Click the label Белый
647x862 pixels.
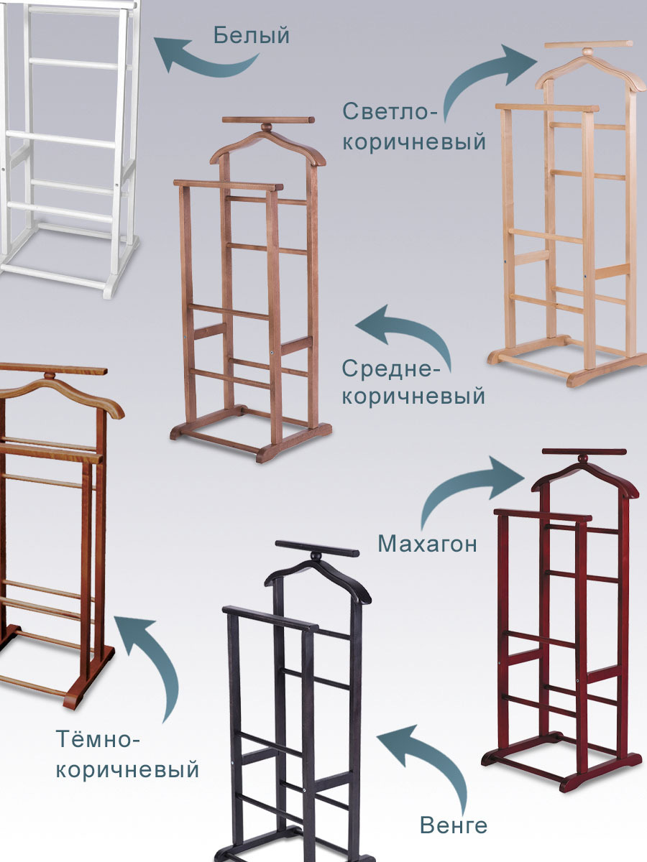252,35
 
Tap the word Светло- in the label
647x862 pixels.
390,111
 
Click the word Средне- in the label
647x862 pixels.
390,369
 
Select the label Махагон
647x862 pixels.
428,544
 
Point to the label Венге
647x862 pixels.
454,825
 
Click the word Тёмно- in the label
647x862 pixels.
98,738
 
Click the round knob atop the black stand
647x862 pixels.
316,556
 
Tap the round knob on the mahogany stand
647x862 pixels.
584,458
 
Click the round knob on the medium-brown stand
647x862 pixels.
267,128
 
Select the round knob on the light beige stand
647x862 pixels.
588,52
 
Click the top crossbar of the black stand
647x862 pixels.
317,549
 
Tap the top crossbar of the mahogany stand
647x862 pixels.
584,452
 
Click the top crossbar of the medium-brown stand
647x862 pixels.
268,120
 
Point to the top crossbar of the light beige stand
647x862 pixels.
589,45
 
